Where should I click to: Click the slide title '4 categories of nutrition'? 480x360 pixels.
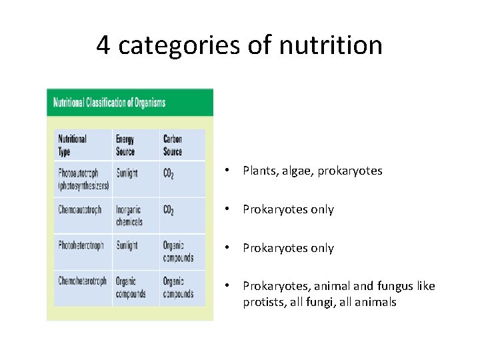tap(239, 45)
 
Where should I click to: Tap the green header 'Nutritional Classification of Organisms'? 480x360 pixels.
tap(109, 103)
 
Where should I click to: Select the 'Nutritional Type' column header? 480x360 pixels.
tap(72, 145)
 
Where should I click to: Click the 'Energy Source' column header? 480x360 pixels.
tap(125, 145)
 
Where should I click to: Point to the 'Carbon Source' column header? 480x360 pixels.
tap(173, 145)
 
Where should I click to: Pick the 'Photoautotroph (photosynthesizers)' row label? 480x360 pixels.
tap(83, 179)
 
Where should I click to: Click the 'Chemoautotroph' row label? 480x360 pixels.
tap(79, 209)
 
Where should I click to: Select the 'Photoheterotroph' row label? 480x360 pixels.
tap(81, 245)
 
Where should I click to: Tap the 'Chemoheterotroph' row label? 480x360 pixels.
tap(82, 281)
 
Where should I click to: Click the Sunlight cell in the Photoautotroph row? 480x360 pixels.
tap(127, 173)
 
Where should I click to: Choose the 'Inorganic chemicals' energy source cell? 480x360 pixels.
tap(129, 215)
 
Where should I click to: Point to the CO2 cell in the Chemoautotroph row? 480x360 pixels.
tap(169, 210)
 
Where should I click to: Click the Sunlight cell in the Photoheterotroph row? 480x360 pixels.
tap(127, 245)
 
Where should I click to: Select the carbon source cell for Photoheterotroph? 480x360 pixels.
tap(178, 251)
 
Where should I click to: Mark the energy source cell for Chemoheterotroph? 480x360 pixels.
tap(131, 287)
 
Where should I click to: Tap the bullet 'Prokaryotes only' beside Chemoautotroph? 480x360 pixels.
tap(288, 209)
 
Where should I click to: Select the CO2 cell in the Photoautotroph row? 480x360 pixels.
tap(169, 174)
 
